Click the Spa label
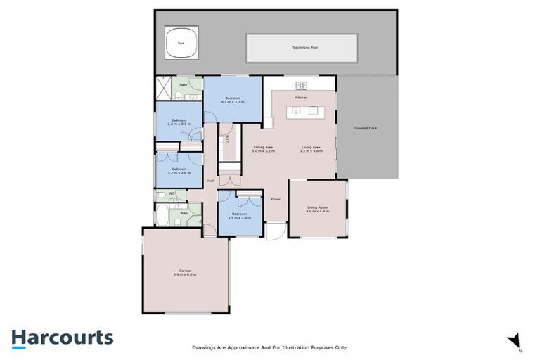[181, 43]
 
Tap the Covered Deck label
[368, 129]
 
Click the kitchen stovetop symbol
[302, 86]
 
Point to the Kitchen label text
[301, 98]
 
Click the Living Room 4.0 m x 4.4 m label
[318, 209]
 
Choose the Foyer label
[276, 199]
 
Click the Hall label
[210, 181]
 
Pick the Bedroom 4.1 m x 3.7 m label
[233, 100]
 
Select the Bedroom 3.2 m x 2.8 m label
[179, 170]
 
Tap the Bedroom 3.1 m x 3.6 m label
[240, 215]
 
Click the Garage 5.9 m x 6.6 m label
[186, 272]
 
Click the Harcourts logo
[62, 338]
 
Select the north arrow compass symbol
[515, 340]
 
